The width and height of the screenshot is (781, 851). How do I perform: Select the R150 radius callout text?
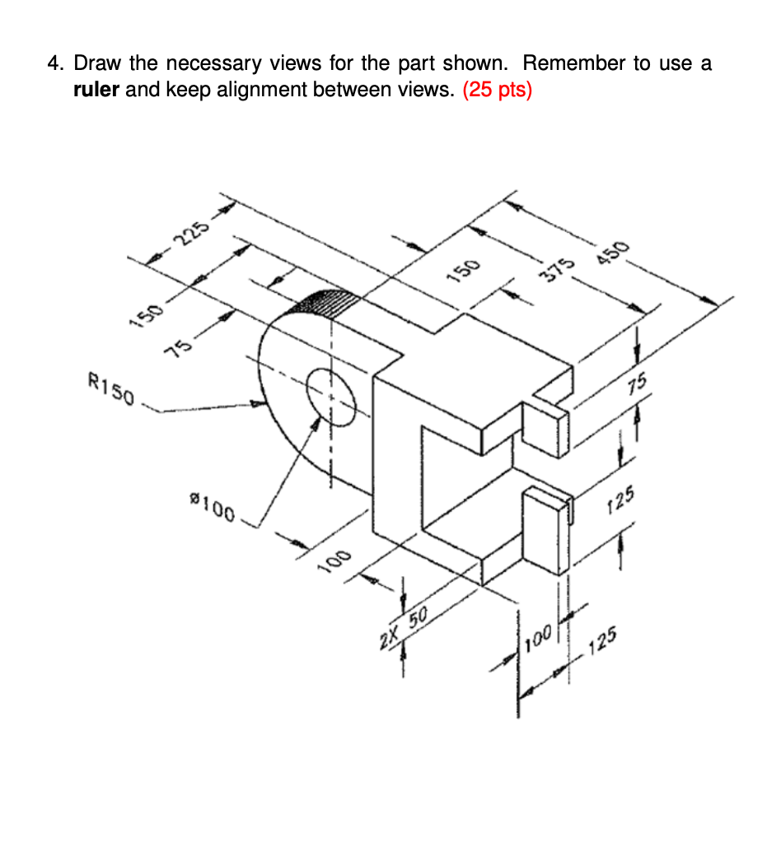coord(110,388)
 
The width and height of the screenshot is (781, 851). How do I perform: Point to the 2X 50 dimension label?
coord(404,629)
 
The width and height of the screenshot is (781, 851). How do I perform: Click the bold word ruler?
coord(97,90)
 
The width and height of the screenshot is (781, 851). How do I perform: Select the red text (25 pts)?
coord(498,90)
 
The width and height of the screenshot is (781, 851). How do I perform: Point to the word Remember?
coord(573,63)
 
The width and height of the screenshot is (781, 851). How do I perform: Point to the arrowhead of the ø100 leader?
coord(316,423)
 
